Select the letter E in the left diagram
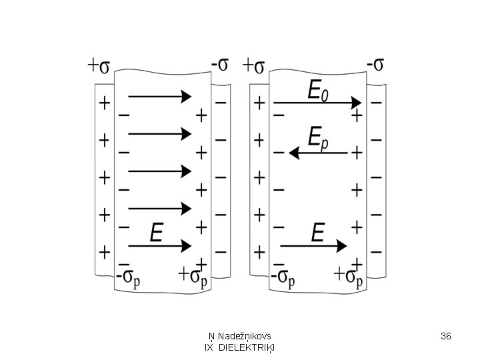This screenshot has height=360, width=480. pyautogui.click(x=156, y=233)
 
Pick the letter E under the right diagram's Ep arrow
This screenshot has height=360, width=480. pyautogui.click(x=318, y=233)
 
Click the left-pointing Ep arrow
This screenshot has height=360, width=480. pyautogui.click(x=319, y=154)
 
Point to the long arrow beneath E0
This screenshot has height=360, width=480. pyautogui.click(x=317, y=103)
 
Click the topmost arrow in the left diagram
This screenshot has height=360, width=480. pyautogui.click(x=160, y=97)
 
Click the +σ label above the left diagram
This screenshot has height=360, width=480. pyautogui.click(x=99, y=66)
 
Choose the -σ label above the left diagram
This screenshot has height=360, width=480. pyautogui.click(x=220, y=65)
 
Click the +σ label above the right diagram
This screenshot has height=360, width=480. pyautogui.click(x=254, y=66)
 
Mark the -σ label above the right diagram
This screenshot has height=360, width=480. pyautogui.click(x=375, y=65)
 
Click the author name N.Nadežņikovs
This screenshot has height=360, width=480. pyautogui.click(x=239, y=336)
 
